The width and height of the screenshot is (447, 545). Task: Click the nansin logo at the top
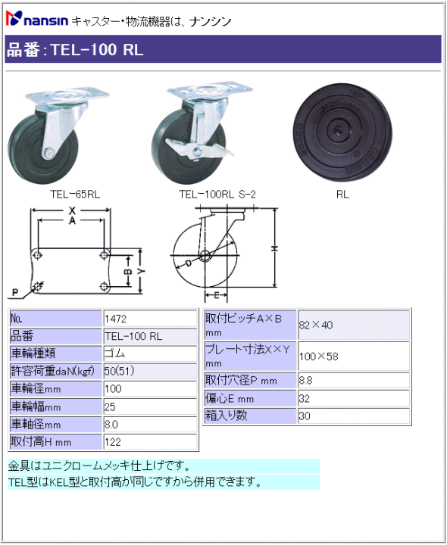(37, 19)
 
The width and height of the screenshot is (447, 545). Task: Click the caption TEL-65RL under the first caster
(75, 195)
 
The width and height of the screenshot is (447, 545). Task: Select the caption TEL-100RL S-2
(217, 195)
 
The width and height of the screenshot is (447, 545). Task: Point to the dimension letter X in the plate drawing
(72, 210)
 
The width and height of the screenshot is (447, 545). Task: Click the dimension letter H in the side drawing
(274, 248)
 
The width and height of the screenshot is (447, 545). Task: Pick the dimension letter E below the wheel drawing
(216, 295)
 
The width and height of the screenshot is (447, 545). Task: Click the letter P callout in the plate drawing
(14, 292)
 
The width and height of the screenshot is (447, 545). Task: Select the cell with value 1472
(150, 319)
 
